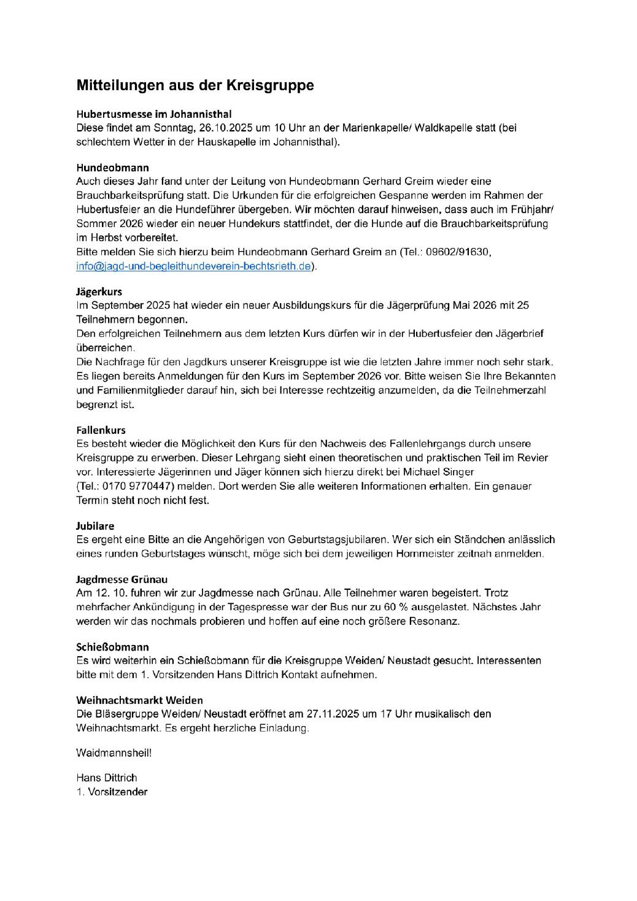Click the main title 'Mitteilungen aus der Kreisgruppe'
[x=195, y=85]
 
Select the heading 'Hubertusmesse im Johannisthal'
[x=153, y=114]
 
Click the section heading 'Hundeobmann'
[x=112, y=168]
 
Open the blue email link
[x=194, y=266]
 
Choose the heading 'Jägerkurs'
[x=99, y=292]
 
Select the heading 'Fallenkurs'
[x=101, y=430]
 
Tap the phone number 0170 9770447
[x=135, y=486]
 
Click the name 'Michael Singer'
[x=442, y=472]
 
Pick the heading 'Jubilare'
[x=95, y=526]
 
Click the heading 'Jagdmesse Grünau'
[x=122, y=579]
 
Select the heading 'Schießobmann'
[x=112, y=647]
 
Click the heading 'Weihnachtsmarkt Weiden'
[x=139, y=700]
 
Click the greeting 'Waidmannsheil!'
[x=114, y=752]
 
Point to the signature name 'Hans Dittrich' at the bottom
[x=107, y=778]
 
